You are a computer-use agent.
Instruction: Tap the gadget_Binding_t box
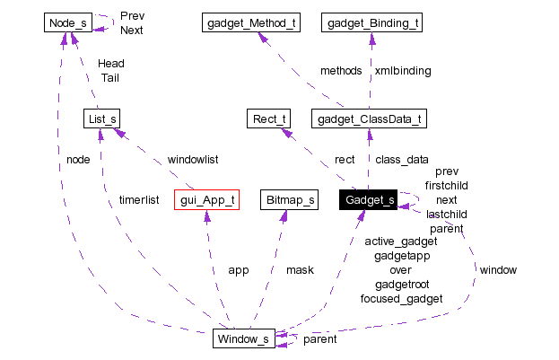[x=371, y=22]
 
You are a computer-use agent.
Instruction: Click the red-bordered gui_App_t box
[x=207, y=199]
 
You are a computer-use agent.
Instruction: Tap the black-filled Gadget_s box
[x=368, y=199]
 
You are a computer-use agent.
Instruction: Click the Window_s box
[x=242, y=338]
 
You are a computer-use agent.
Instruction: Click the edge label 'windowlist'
[x=193, y=159]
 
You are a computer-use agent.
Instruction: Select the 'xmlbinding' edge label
[x=403, y=70]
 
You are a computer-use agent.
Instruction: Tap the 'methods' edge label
[x=341, y=70]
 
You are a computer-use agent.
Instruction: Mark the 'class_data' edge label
[x=401, y=159]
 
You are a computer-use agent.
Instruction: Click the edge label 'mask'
[x=300, y=269]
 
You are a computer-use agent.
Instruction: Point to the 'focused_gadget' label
[x=401, y=298]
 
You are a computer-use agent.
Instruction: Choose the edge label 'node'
[x=77, y=159]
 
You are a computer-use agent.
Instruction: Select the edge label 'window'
[x=497, y=269]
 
